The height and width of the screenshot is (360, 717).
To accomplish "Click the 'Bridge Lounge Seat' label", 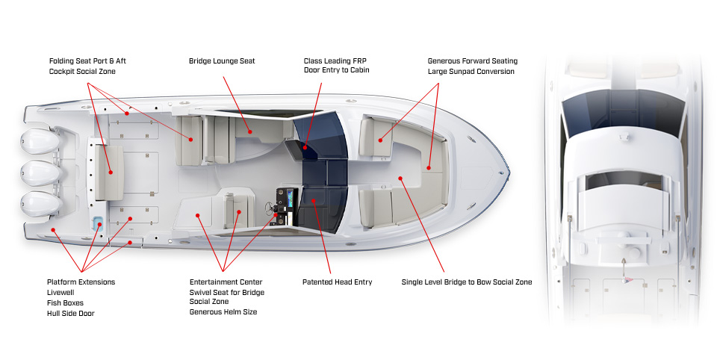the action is click(x=222, y=60).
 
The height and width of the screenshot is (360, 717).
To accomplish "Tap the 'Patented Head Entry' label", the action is click(x=337, y=282).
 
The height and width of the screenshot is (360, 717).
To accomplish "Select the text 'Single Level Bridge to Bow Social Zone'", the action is click(x=466, y=282).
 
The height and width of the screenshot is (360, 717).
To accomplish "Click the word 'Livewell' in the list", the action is click(x=60, y=293).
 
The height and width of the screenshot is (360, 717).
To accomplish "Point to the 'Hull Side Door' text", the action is click(x=70, y=314).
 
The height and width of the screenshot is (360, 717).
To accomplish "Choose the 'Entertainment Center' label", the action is click(x=226, y=282).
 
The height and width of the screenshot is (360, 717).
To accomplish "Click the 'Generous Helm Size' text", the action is click(x=223, y=312).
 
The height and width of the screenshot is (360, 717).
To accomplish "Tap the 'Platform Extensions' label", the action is click(x=81, y=282).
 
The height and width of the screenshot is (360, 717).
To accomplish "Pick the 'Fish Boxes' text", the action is click(x=65, y=302).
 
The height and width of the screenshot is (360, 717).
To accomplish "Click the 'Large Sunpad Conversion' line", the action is click(x=471, y=72).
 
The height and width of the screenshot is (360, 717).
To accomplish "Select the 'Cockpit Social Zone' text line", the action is click(x=82, y=72).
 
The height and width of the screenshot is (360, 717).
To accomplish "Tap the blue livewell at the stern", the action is click(x=98, y=223).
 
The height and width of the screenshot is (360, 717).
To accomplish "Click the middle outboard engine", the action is click(x=40, y=173).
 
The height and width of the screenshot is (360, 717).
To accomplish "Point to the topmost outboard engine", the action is click(x=40, y=141).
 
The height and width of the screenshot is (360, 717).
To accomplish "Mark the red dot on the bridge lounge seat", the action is click(x=250, y=132).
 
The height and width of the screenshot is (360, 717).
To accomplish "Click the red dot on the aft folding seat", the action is click(x=111, y=172).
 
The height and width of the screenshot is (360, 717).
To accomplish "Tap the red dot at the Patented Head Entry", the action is click(x=314, y=200).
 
